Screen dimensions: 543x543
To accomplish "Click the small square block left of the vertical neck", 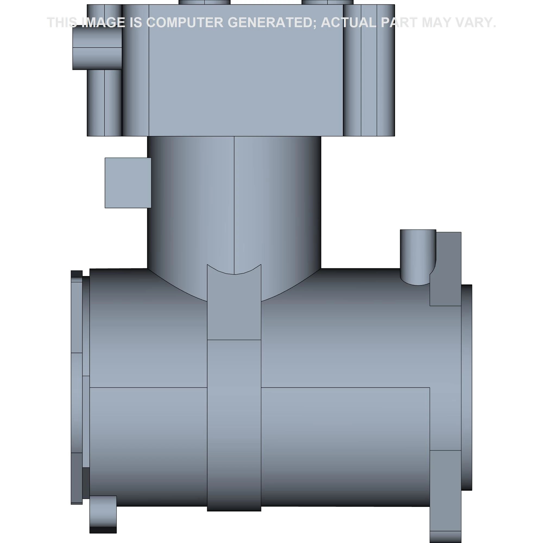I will pyautogui.click(x=128, y=183).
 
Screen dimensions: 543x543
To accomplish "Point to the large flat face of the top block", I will pyautogui.click(x=246, y=84).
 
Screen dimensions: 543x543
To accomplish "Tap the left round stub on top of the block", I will pyautogui.click(x=204, y=2).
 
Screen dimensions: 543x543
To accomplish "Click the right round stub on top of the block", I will pyautogui.click(x=327, y=2).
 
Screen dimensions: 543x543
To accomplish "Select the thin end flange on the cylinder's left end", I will pyautogui.click(x=77, y=388).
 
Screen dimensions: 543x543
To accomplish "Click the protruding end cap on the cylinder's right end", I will pyautogui.click(x=466, y=388).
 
